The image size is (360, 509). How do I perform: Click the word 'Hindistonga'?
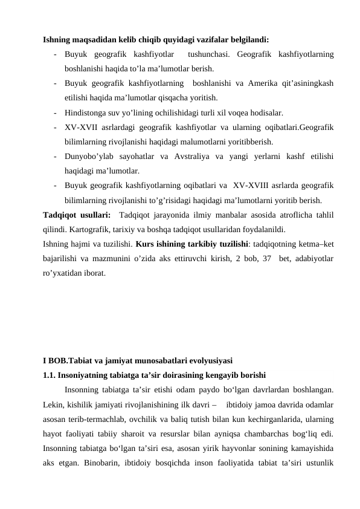(x=88, y=112)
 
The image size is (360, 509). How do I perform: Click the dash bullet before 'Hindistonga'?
(x=55, y=112)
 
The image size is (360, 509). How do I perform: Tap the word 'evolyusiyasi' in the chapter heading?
(x=210, y=362)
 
